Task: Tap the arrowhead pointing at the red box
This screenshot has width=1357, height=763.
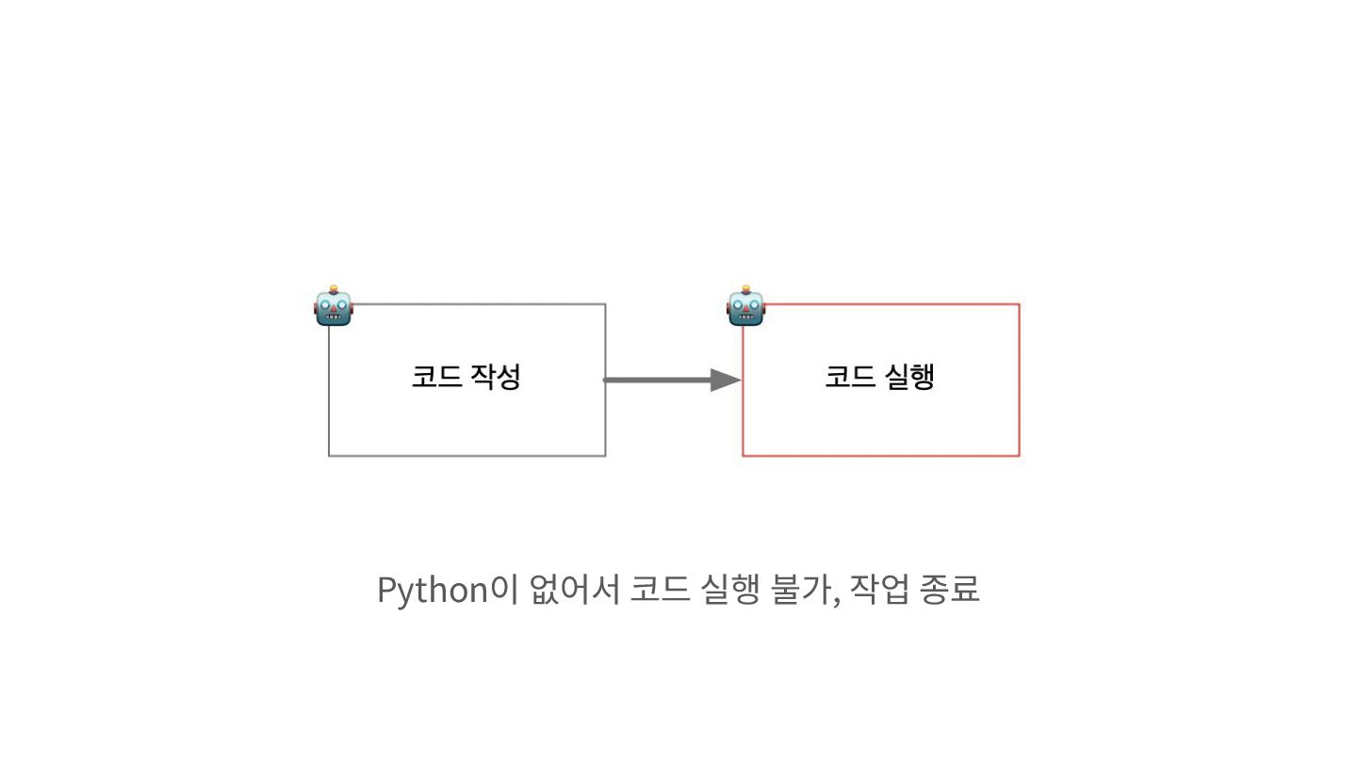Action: click(726, 380)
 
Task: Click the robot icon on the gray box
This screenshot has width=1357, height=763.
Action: click(334, 307)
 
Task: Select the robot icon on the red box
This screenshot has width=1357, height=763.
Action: click(746, 307)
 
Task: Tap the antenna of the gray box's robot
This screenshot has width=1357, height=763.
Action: click(334, 287)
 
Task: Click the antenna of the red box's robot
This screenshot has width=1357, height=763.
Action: click(746, 287)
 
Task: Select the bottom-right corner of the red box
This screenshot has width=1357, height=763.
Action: click(1019, 455)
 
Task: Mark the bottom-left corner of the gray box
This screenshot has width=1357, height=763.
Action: click(329, 455)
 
